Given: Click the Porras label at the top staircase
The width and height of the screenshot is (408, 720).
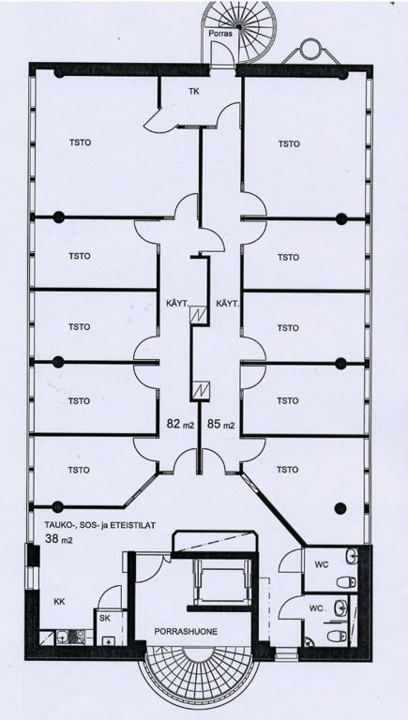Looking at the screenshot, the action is click(x=220, y=34).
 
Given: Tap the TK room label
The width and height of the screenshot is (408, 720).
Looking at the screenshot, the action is click(x=194, y=91).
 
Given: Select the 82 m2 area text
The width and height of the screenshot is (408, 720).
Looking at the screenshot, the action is click(x=180, y=425).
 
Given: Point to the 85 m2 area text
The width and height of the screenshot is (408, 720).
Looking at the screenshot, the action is click(x=221, y=425).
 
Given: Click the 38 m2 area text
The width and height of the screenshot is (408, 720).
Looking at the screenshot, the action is click(x=60, y=539).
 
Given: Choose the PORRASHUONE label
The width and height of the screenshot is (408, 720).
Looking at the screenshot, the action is click(x=186, y=631).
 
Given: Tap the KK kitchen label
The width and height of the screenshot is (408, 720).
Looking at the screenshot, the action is click(x=59, y=602).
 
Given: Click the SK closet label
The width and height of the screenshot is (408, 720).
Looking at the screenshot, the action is click(x=104, y=618).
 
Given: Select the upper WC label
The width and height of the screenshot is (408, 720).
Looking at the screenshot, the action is click(x=322, y=564).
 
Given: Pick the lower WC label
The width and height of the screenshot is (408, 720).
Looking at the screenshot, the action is click(x=316, y=608).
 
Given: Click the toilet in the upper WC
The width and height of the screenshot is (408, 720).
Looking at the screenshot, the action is click(x=346, y=582).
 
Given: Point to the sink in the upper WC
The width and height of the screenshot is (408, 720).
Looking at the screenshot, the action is click(x=352, y=555).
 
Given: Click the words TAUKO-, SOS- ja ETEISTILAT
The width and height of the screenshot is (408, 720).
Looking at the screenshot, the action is click(x=99, y=525).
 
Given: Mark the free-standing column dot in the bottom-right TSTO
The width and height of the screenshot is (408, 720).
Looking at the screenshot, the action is click(x=340, y=508).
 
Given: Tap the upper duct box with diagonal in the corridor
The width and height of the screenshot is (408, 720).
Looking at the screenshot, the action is click(x=200, y=315).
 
